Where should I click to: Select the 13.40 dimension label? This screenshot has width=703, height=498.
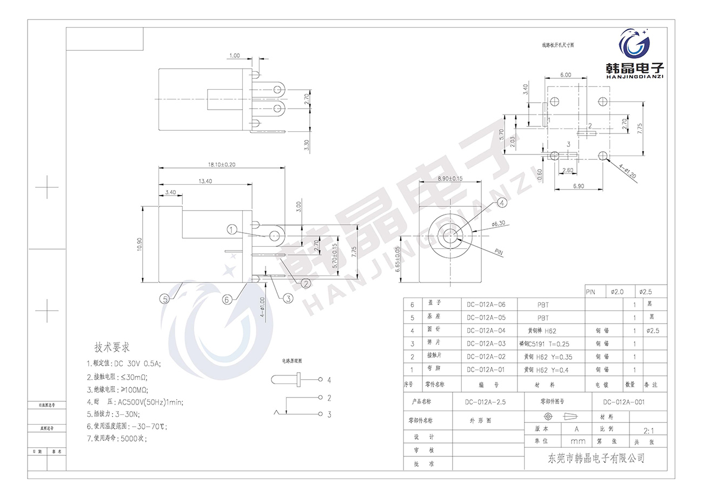click(x=204, y=181)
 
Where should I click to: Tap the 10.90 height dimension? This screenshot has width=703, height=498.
click(x=140, y=244)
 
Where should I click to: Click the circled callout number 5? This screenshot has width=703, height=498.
click(x=164, y=298)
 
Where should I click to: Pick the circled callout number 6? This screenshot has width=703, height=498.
click(x=227, y=298)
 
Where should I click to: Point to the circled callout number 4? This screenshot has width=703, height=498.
click(x=502, y=203)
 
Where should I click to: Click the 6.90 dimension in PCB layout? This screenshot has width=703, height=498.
click(x=579, y=186)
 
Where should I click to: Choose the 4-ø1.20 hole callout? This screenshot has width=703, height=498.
click(x=627, y=171)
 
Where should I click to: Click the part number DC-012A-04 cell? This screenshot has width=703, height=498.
click(x=486, y=331)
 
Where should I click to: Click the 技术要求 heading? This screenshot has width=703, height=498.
click(x=112, y=347)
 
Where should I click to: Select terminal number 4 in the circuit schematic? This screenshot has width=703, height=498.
click(x=329, y=380)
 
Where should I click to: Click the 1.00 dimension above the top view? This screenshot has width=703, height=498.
click(x=235, y=55)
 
